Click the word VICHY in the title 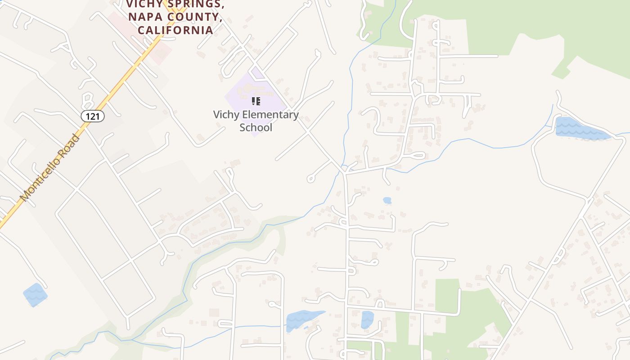[144, 4]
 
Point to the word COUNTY [194, 17]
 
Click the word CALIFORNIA [175, 30]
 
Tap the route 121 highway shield [93, 116]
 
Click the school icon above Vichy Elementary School [256, 101]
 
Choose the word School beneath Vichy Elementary [256, 127]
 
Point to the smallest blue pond [387, 200]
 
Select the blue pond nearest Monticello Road [35, 294]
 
